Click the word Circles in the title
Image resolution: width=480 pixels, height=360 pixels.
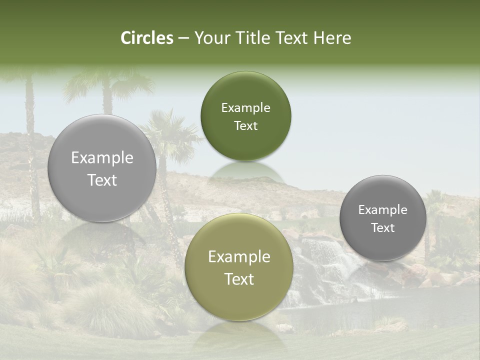pos(146,38)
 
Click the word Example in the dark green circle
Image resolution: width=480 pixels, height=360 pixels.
pos(245,107)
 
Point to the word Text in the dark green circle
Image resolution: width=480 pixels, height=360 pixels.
pos(245,125)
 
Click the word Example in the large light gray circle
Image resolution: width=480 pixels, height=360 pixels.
pos(102,158)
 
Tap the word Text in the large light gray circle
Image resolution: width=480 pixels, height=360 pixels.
pos(102,180)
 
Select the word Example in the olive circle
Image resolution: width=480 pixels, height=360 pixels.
pos(239,256)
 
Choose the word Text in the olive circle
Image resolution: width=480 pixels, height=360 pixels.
pos(239,279)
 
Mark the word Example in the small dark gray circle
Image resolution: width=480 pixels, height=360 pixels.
pos(383,209)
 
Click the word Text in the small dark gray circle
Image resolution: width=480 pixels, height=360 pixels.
pos(383,227)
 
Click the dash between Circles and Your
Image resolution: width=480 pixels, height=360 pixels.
pos(183,38)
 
